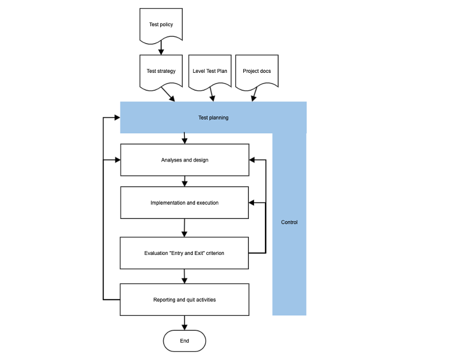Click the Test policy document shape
tap(161, 25)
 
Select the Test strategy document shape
tap(161, 71)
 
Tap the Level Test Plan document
tap(210, 71)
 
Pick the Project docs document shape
tap(257, 71)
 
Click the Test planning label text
tap(213, 118)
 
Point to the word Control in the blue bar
tap(289, 223)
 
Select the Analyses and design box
tap(185, 160)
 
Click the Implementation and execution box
tap(185, 203)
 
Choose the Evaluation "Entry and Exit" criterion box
tap(185, 253)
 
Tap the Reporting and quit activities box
tap(185, 299)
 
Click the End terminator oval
tap(185, 341)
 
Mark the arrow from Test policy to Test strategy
tap(161, 48)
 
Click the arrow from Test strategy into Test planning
tap(168, 95)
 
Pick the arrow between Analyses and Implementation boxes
tap(185, 182)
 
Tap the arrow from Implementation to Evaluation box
tap(185, 228)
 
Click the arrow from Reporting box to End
tap(185, 323)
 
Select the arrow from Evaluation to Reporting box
tap(185, 276)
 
